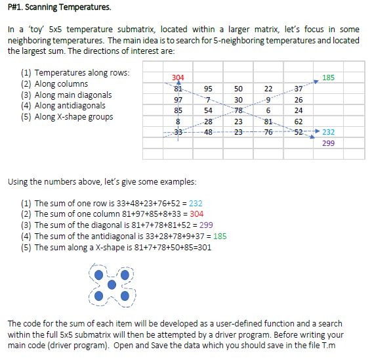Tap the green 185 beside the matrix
tap(329, 78)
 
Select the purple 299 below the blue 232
tap(329, 142)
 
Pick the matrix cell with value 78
tap(238, 110)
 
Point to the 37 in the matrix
tap(299, 89)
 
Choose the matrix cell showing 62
tap(299, 121)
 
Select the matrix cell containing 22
tap(268, 89)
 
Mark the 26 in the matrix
tap(299, 100)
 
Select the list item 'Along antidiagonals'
tap(69, 106)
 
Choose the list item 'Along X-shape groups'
tap(73, 117)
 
